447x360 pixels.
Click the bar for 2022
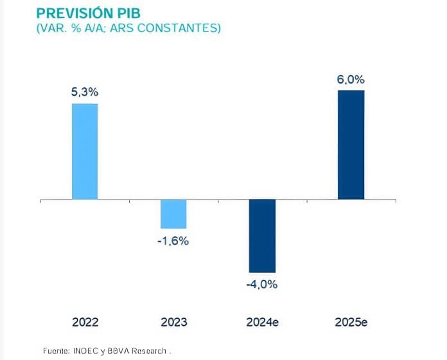click(85, 151)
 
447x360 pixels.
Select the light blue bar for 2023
click(173, 214)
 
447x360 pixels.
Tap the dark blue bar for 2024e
click(262, 236)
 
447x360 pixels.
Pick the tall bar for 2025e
click(351, 144)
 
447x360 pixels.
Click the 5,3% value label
click(85, 92)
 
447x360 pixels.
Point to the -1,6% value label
click(173, 241)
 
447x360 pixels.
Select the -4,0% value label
click(262, 284)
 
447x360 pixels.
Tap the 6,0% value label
click(351, 80)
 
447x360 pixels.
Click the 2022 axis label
click(85, 322)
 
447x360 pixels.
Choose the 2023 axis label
click(173, 322)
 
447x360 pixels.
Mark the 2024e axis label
click(262, 322)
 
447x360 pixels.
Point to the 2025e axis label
click(351, 322)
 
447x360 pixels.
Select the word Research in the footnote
click(149, 351)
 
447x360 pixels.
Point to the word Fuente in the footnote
click(55, 351)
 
